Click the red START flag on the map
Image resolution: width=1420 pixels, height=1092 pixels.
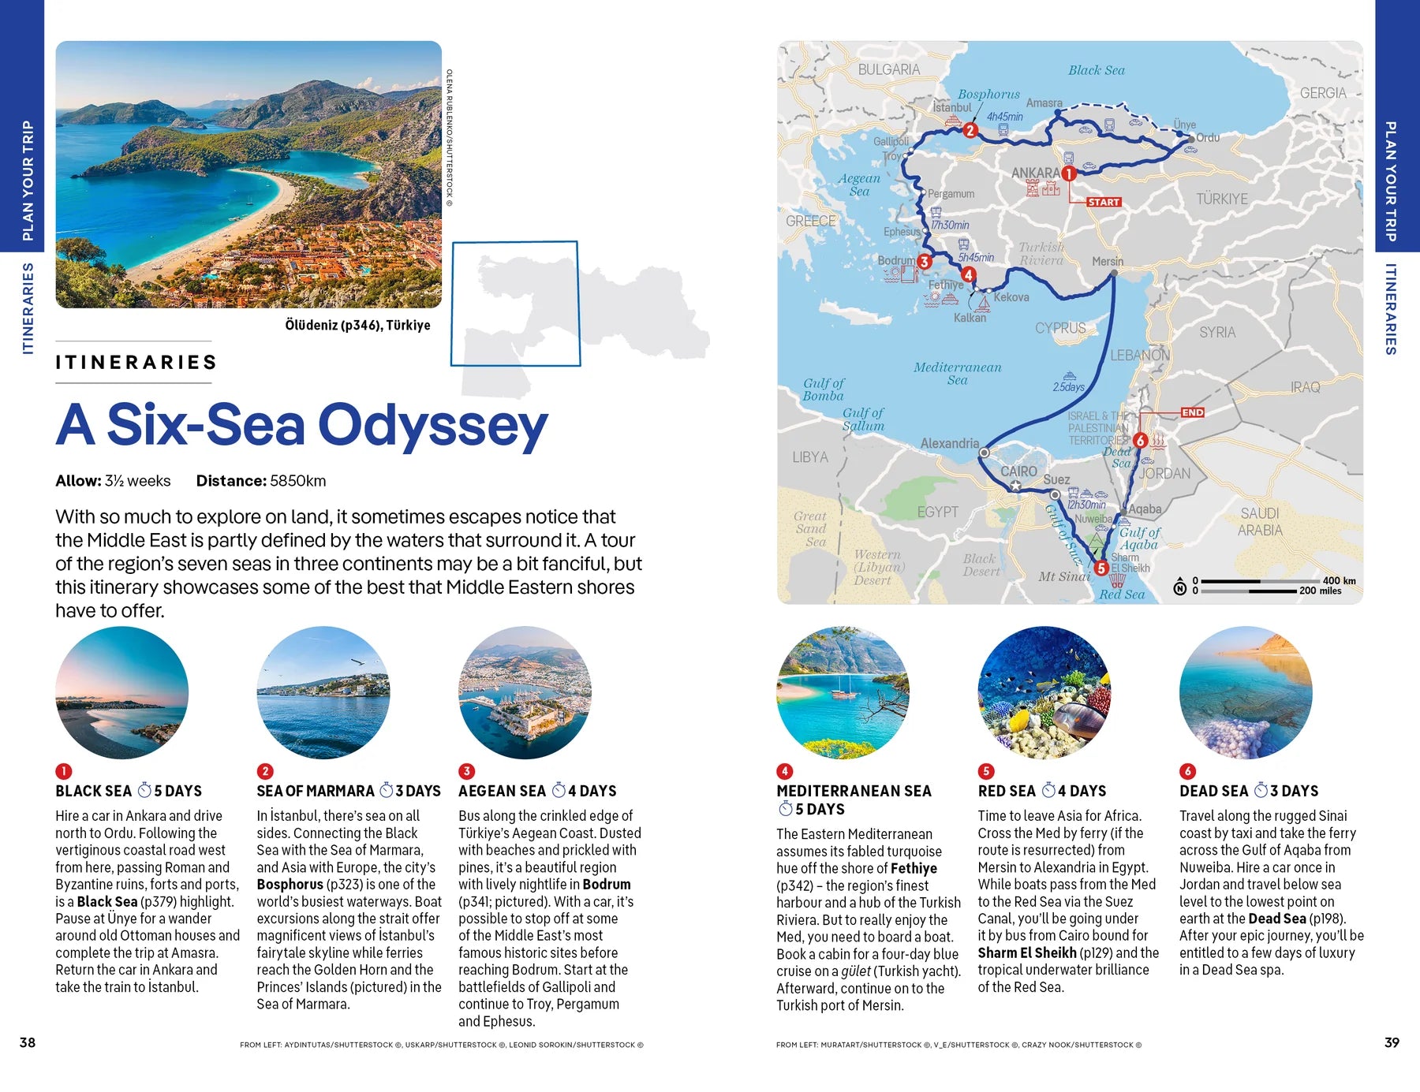click(x=1103, y=203)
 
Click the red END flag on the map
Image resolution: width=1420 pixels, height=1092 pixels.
click(x=1192, y=412)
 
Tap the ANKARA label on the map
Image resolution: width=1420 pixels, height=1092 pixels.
click(x=1035, y=173)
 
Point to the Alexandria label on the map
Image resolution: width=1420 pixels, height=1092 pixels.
click(x=949, y=444)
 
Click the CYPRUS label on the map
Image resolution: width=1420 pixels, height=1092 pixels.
click(x=1059, y=328)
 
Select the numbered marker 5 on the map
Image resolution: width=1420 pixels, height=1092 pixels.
click(x=1101, y=568)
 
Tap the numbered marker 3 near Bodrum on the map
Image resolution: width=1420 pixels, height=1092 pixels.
click(x=924, y=261)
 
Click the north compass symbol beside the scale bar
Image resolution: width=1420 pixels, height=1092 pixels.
click(x=1179, y=587)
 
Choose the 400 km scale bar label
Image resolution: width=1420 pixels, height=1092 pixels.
click(x=1339, y=581)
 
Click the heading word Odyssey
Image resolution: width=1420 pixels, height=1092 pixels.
click(x=432, y=426)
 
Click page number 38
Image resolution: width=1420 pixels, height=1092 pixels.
click(x=28, y=1042)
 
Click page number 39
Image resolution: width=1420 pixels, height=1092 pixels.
click(x=1392, y=1042)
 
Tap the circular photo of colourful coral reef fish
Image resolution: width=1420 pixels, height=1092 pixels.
click(x=1044, y=693)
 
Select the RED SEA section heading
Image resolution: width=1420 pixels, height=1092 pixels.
click(x=1006, y=791)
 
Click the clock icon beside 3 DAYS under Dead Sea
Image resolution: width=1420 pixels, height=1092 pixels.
click(x=1261, y=790)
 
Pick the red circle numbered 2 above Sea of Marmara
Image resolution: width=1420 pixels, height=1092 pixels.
click(x=265, y=771)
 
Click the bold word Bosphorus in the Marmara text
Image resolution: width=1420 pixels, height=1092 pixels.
click(x=290, y=885)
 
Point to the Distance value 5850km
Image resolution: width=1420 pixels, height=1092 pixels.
click(x=297, y=481)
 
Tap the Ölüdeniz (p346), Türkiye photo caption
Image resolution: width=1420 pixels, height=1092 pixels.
click(x=357, y=325)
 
